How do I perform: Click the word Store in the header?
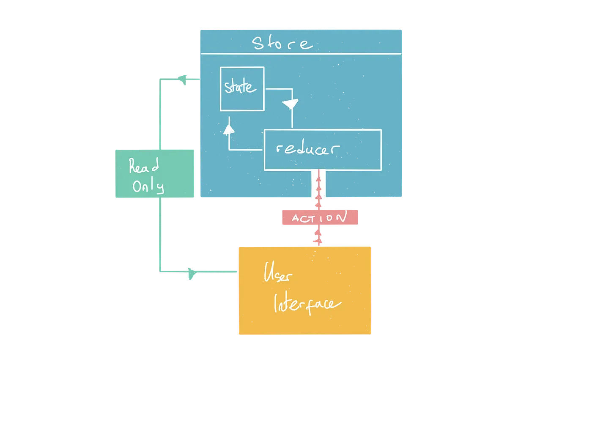click(282, 43)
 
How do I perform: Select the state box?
click(242, 89)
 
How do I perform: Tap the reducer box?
click(323, 150)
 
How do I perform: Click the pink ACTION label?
click(320, 217)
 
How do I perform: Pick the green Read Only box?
click(155, 173)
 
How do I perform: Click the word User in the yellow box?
click(277, 272)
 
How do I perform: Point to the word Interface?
click(307, 303)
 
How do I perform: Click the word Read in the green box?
click(144, 165)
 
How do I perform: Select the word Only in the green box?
click(148, 186)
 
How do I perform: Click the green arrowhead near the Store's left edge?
click(182, 79)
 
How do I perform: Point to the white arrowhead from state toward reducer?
click(291, 104)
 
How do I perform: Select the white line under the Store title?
click(301, 54)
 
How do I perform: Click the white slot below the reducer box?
click(318, 185)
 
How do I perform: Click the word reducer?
click(307, 148)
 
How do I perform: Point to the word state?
click(240, 87)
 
